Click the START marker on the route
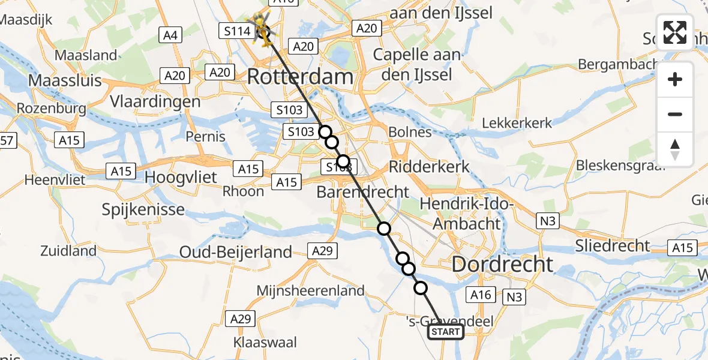tap(446, 332)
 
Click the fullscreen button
tap(675, 32)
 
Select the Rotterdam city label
tap(300, 77)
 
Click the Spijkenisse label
tap(143, 210)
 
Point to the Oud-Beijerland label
tap(236, 252)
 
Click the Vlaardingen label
tap(155, 101)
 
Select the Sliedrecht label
tap(612, 245)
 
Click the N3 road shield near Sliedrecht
tap(548, 221)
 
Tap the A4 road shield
tap(170, 36)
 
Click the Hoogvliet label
tap(182, 179)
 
